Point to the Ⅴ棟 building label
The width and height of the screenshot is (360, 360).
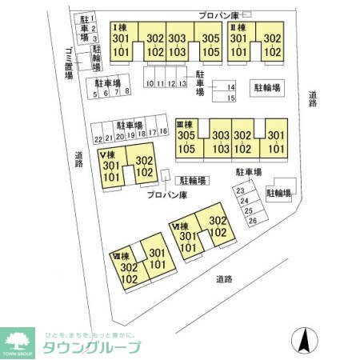(x=108, y=154)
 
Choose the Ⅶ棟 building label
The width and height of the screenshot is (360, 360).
(x=122, y=257)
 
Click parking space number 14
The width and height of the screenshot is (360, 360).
(x=230, y=87)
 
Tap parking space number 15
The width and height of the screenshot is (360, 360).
(x=230, y=98)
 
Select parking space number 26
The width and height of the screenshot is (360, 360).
(x=253, y=220)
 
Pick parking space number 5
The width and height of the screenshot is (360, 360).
(x=95, y=93)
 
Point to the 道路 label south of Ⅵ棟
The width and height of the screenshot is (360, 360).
(x=224, y=279)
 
